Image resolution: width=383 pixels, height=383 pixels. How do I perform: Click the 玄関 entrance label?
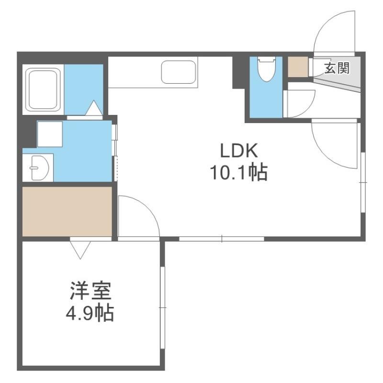[337, 68]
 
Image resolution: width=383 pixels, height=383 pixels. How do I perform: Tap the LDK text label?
[238, 151]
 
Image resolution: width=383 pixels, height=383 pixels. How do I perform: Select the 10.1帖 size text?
[238, 173]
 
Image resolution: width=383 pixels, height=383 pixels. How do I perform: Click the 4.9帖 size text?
[90, 313]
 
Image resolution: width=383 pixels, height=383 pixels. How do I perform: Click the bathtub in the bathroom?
[43, 89]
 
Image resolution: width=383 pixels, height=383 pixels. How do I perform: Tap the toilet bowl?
[267, 69]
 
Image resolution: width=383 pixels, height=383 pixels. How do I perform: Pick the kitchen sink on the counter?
[179, 72]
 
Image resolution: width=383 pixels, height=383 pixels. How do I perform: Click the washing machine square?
[50, 134]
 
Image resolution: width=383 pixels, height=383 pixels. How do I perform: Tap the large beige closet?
[67, 212]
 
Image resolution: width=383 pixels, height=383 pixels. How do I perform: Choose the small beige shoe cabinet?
[298, 67]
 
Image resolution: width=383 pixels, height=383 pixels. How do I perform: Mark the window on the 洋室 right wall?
[163, 307]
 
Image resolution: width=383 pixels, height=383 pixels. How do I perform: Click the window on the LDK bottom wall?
[222, 238]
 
